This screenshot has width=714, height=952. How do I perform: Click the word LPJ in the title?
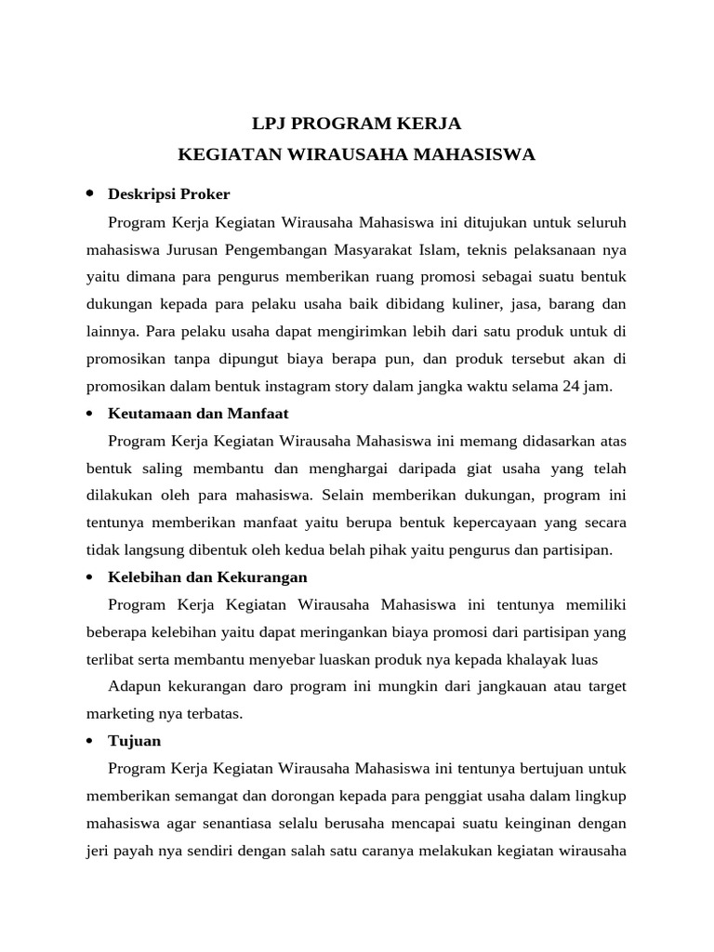click(x=272, y=124)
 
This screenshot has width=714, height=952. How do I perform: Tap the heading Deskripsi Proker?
click(x=168, y=194)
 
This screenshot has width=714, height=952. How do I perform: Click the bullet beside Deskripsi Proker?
click(x=90, y=193)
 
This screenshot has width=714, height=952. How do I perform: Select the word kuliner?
click(x=489, y=304)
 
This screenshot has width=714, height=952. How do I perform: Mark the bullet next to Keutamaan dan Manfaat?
click(x=90, y=413)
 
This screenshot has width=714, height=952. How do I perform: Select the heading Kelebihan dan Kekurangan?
click(x=207, y=577)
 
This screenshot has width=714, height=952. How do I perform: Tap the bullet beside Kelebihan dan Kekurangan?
click(x=90, y=577)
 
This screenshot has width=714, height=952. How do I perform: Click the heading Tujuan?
click(x=135, y=741)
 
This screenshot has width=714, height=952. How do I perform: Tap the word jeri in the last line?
click(x=99, y=851)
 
